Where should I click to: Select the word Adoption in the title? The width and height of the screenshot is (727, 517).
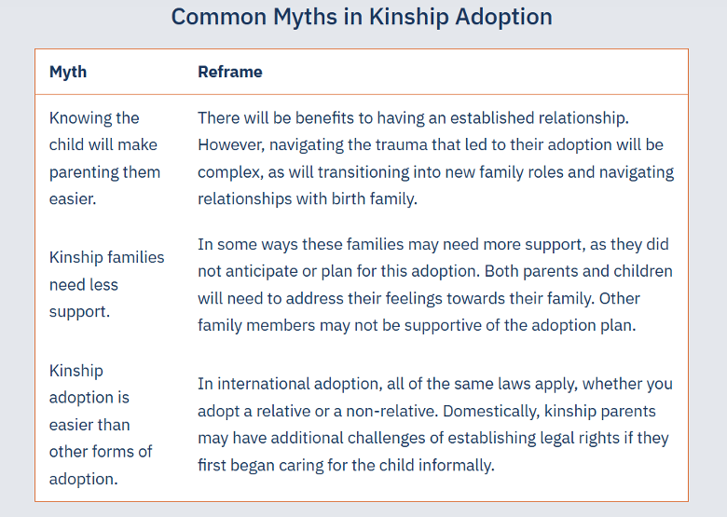(501, 17)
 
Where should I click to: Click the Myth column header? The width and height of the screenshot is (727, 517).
(68, 72)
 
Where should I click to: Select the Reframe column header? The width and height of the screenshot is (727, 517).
(230, 72)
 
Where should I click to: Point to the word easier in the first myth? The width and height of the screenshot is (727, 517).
(73, 198)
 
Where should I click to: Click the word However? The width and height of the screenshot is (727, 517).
(232, 145)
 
